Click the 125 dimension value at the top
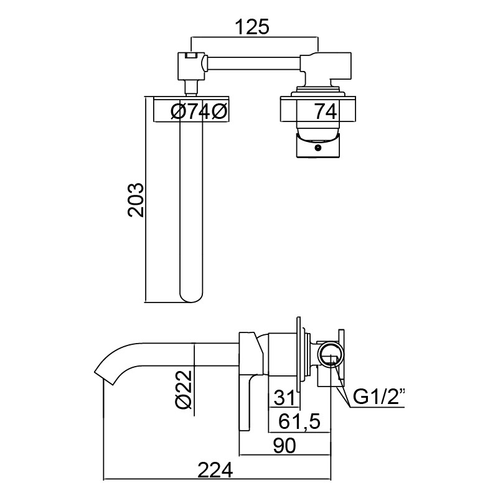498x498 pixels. click(252, 27)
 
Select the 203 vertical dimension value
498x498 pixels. click(136, 200)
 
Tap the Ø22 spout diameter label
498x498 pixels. click(184, 389)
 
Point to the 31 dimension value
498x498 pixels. click(284, 398)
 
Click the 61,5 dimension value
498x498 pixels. click(299, 422)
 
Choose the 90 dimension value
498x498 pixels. click(284, 445)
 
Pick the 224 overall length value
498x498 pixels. click(215, 470)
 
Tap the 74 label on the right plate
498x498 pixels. click(326, 111)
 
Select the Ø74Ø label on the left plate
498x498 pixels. click(199, 112)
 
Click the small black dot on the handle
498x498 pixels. click(317, 148)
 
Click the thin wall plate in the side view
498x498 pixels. click(298, 354)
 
